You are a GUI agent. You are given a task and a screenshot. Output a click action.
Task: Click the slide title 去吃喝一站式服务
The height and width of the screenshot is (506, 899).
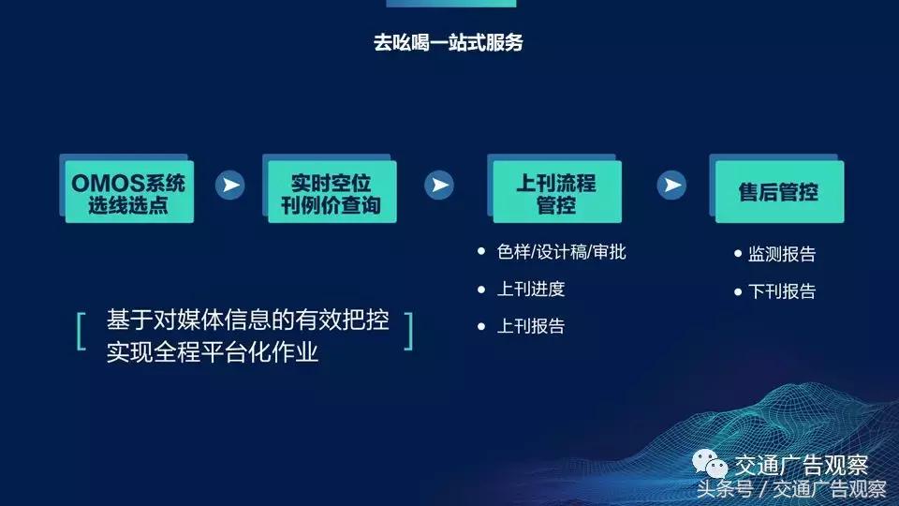coord(449,43)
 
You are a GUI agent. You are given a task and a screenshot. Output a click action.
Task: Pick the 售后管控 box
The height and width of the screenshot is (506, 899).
coord(778,192)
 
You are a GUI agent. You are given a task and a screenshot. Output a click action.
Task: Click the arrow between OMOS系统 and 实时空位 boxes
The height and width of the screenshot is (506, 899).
coord(229,185)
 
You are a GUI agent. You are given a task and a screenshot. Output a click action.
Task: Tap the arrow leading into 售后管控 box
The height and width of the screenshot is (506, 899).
coord(671,185)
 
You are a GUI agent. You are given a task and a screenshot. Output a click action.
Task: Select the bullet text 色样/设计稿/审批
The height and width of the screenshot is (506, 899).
coord(561,252)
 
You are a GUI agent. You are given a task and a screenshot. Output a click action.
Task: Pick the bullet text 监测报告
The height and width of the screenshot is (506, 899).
coord(782,254)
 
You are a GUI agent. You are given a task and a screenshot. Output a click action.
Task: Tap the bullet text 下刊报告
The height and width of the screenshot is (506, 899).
coord(782,291)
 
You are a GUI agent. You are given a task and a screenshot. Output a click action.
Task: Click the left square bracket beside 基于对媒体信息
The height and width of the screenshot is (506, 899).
coord(81,331)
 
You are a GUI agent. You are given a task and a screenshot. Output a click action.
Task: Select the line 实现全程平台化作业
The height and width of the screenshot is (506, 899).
coord(213,352)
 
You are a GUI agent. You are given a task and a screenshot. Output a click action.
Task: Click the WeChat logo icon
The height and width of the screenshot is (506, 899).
coord(710,466)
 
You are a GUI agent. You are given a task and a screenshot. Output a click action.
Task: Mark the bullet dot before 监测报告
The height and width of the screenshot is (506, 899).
coord(738,254)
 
